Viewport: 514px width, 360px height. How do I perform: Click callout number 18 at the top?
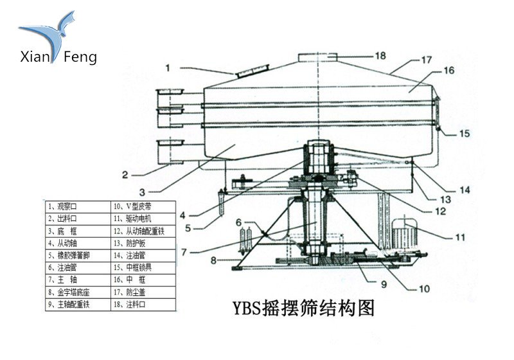[x=380, y=56]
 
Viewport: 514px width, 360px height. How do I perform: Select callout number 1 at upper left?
[x=168, y=67]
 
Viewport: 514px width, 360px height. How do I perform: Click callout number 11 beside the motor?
[x=459, y=237]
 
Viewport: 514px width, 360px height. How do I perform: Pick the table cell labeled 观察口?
[x=77, y=206]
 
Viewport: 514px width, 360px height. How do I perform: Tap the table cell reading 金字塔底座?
[x=77, y=292]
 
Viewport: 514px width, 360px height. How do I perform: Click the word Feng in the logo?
[x=81, y=57]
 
